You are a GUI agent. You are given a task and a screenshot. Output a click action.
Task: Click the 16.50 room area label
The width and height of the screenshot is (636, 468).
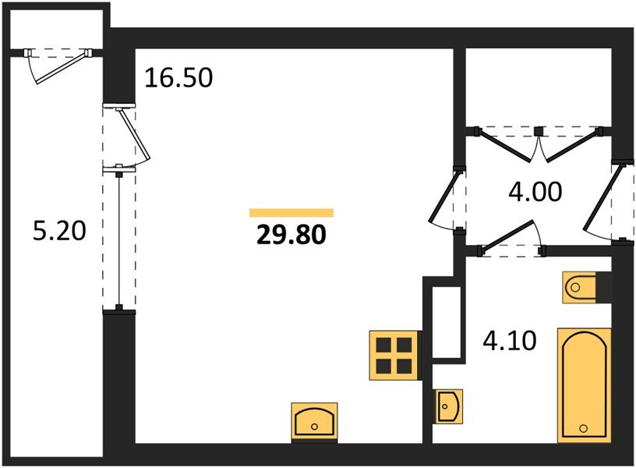pos(178,77)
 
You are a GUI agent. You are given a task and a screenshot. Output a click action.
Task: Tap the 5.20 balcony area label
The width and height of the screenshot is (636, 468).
pos(59,231)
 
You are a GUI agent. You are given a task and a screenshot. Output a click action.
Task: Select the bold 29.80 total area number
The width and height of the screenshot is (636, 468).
pos(291,235)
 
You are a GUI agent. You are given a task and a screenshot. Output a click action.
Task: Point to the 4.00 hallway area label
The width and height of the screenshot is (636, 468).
pos(535,192)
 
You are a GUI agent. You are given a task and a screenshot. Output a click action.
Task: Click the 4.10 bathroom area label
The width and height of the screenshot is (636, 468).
pos(510,340)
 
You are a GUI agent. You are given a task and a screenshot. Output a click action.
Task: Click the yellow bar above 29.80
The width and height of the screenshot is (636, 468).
pos(291,213)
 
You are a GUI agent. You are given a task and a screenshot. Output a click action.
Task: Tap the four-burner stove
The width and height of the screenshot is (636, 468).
pos(394,356)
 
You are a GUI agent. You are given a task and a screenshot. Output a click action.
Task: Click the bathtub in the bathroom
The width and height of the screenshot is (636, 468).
pos(585,385)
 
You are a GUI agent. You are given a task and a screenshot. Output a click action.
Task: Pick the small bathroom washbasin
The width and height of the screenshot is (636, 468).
pos(449,406)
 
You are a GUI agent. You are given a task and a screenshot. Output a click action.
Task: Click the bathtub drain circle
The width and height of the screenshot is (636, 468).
pos(584,428)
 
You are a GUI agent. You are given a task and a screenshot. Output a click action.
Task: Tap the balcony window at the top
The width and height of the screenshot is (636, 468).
pos(57,65)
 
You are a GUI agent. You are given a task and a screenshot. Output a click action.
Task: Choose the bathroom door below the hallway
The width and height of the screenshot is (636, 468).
pos(512,239)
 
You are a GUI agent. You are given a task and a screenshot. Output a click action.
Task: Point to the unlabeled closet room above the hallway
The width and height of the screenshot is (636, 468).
pos(539,87)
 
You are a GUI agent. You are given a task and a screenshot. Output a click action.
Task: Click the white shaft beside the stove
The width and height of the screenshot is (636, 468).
pos(446,322)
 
